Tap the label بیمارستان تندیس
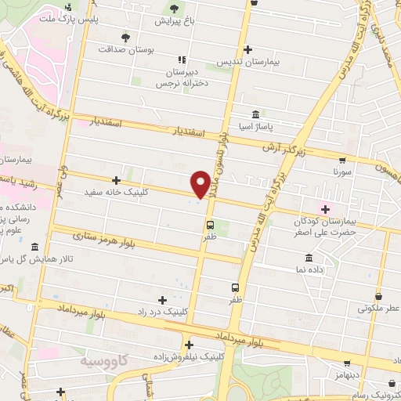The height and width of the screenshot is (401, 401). [x=247, y=61]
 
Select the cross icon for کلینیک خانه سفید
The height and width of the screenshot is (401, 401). [x=117, y=180]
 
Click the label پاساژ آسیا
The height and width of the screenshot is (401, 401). [x=255, y=125]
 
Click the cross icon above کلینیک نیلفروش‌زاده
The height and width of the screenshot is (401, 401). [x=188, y=345]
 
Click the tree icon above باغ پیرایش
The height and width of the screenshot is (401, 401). [x=174, y=9]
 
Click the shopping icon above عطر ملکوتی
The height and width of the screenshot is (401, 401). [x=378, y=297]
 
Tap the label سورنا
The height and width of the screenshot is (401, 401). [x=345, y=170]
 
